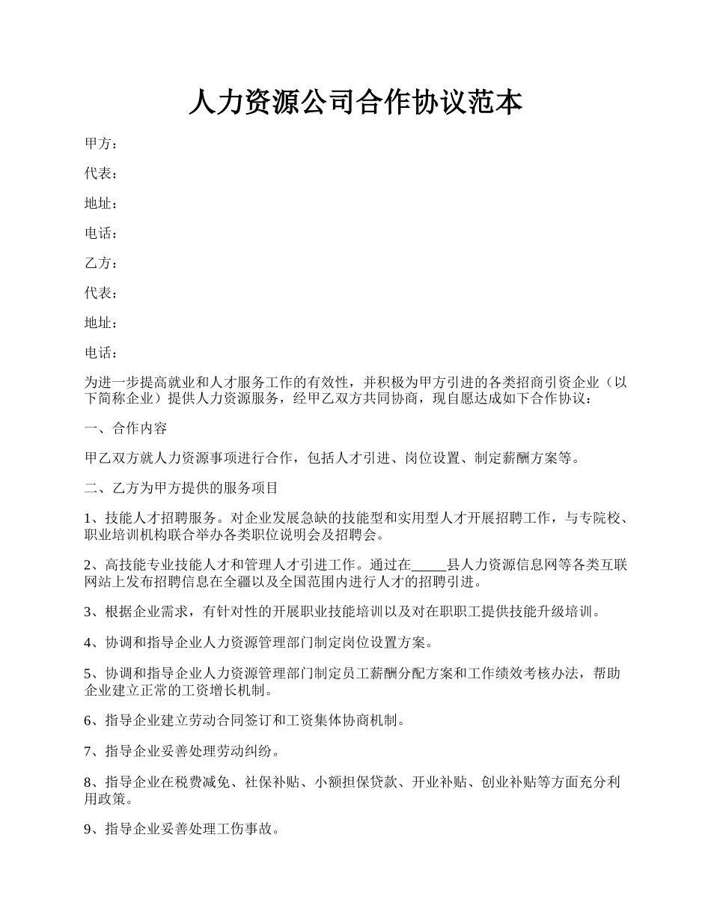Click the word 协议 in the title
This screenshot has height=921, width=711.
[x=439, y=103]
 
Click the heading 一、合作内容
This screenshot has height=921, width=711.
[x=126, y=428]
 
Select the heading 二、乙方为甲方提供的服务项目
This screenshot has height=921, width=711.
[x=181, y=488]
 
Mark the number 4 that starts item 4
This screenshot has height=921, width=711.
[x=88, y=642]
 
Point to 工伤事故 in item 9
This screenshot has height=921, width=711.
[x=250, y=830]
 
